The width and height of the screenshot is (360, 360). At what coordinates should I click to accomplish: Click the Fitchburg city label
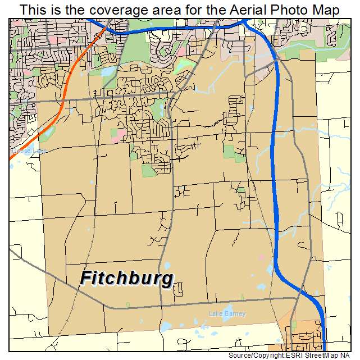click(x=127, y=279)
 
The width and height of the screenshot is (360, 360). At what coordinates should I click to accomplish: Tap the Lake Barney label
click(x=227, y=314)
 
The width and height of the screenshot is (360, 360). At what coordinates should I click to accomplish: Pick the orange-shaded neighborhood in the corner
click(x=303, y=338)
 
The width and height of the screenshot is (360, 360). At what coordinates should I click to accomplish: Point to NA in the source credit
click(x=352, y=356)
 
